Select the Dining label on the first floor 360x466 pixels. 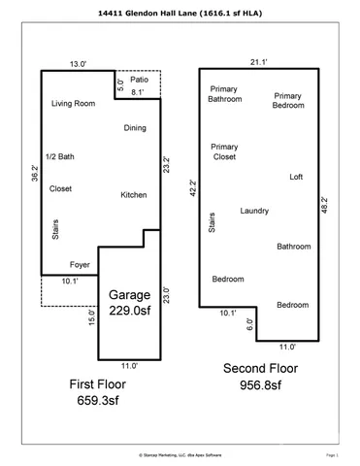135,128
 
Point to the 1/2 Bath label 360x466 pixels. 60,155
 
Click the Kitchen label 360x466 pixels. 133,195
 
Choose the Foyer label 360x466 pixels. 81,263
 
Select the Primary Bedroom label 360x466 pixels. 290,100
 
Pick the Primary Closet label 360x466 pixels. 224,150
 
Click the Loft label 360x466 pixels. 297,177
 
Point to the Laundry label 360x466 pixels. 254,211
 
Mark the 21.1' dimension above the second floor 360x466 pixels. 259,61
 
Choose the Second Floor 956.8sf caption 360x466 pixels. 254,376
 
